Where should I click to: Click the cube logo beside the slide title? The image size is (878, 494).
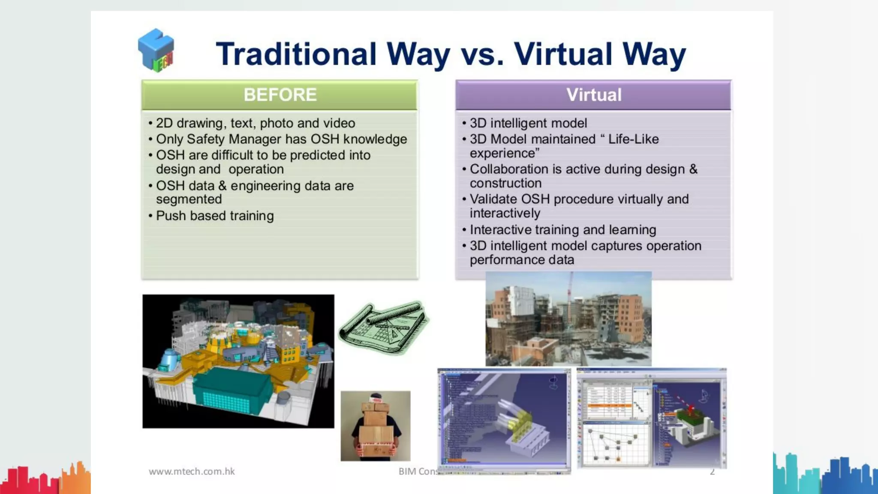click(156, 50)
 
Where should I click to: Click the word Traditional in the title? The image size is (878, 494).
click(296, 54)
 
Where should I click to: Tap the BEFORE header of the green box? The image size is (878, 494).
click(280, 95)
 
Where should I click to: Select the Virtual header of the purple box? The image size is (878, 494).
click(594, 95)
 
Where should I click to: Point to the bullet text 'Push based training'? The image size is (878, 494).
click(215, 216)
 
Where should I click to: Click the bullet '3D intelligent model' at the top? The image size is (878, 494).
click(528, 123)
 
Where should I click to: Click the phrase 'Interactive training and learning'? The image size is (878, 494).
click(563, 230)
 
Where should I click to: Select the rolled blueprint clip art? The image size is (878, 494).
click(384, 328)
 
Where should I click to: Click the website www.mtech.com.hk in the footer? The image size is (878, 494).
click(192, 471)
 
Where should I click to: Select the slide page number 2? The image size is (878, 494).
click(712, 472)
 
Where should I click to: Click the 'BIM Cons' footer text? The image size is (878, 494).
click(418, 471)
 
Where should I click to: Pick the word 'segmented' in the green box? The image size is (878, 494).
click(189, 199)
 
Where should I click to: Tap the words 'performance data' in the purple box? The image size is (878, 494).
click(522, 260)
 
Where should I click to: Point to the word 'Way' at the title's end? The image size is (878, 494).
click(654, 54)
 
